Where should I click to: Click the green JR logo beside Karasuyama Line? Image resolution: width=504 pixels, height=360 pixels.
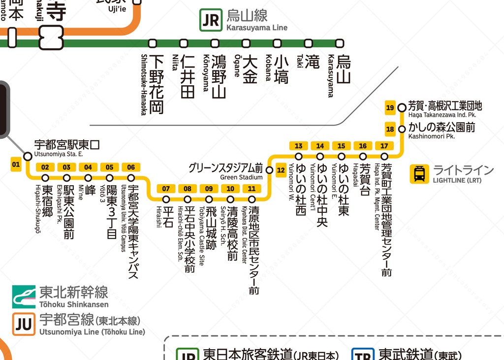tap(211, 20)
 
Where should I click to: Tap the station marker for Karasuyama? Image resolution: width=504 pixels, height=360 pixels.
tap(340, 43)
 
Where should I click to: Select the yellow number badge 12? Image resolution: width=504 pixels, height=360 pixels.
tap(281, 170)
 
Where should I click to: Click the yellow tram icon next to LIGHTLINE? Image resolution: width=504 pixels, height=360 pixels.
tap(419, 174)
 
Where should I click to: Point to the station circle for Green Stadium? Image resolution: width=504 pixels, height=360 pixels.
tap(269, 170)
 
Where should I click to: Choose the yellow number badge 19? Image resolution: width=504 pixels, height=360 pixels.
tap(390, 108)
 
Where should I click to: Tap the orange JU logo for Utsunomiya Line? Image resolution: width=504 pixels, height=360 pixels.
tap(24, 324)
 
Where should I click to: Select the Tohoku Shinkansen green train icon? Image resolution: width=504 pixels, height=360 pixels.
tap(24, 296)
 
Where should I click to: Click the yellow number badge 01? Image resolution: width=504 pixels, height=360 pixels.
tap(16, 164)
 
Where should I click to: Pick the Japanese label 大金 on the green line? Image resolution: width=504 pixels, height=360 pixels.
tap(250, 69)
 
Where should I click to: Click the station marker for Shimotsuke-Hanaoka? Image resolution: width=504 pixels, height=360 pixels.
tap(153, 43)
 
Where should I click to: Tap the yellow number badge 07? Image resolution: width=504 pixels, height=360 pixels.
tap(166, 189)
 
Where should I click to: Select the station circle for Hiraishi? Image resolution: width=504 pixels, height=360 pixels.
tap(166, 199)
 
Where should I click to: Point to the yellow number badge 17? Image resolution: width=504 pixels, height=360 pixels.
tap(384, 146)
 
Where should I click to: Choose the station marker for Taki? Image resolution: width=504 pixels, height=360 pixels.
tap(309, 43)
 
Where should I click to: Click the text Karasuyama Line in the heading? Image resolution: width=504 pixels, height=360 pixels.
tap(257, 28)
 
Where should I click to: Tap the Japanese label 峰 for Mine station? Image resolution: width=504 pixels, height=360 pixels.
tap(90, 190)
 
